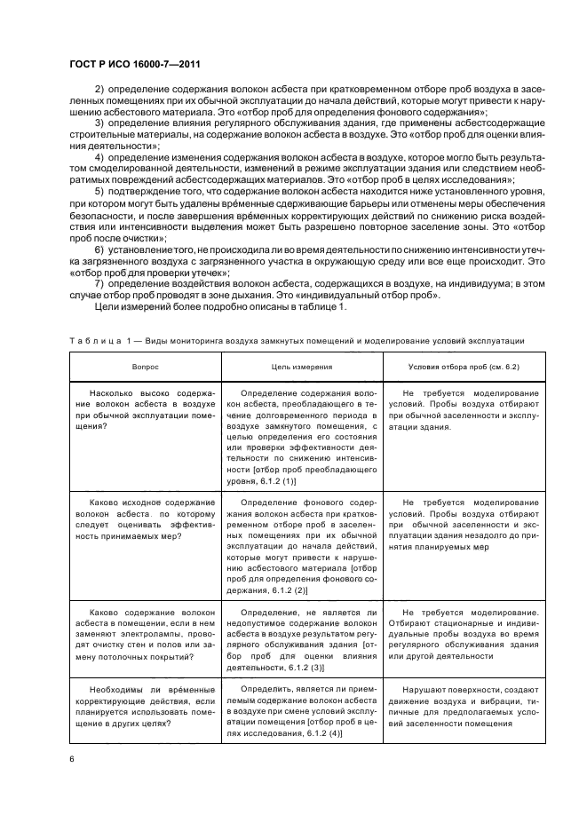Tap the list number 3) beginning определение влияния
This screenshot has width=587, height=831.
99,121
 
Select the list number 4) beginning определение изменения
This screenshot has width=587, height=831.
99,156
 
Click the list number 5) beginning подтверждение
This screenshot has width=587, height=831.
99,192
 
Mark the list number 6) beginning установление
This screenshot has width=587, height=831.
99,250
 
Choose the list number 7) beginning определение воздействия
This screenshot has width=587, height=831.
99,284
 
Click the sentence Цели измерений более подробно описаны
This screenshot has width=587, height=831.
195,307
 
